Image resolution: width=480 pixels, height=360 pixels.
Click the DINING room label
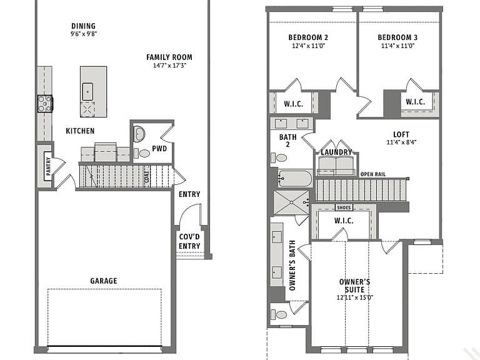83,26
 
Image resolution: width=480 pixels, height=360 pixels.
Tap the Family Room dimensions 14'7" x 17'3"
169,65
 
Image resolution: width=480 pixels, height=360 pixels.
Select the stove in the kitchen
45,104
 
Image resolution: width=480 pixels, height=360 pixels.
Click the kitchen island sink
87,91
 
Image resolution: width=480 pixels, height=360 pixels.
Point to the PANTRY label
48,166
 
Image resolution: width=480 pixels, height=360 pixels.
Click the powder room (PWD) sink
139,134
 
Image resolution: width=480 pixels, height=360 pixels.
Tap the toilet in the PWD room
142,153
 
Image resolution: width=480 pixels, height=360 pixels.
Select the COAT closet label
147,177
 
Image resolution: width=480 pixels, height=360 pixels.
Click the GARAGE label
104,281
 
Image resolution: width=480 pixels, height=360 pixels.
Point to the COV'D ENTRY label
189,241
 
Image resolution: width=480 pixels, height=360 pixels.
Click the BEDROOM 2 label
308,37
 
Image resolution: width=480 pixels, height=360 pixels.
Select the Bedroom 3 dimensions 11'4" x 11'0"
397,46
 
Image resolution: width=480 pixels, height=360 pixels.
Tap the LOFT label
401,134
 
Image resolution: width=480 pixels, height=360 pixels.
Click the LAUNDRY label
336,152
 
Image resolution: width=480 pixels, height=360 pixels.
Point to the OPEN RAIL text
373,174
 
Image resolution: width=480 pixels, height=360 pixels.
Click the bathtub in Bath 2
296,178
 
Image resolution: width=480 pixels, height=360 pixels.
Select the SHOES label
344,207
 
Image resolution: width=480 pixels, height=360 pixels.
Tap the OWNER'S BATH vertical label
292,266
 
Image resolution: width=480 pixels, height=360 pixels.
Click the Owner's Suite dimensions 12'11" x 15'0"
355,297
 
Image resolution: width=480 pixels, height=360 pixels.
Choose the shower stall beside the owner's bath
291,202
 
